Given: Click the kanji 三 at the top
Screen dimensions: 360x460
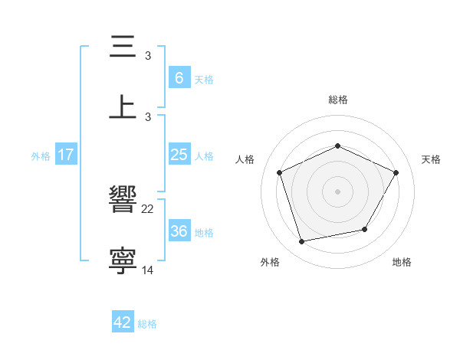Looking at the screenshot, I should pyautogui.click(x=123, y=47).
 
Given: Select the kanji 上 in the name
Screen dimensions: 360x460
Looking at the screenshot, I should pyautogui.click(x=123, y=107).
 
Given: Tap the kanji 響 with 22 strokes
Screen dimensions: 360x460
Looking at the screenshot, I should pyautogui.click(x=123, y=200).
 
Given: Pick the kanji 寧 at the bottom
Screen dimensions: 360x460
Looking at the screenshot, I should pyautogui.click(x=123, y=260).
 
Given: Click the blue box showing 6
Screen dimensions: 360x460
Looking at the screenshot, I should pyautogui.click(x=179, y=77).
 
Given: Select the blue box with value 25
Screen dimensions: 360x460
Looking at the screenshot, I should pyautogui.click(x=179, y=155).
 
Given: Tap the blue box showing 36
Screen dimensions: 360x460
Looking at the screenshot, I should pyautogui.click(x=179, y=231).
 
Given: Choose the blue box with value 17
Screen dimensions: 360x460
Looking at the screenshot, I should pyautogui.click(x=66, y=155).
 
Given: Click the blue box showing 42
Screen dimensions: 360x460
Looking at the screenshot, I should pyautogui.click(x=123, y=322).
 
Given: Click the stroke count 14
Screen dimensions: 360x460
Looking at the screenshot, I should pyautogui.click(x=148, y=270).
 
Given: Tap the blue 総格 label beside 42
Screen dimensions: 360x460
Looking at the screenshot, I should pyautogui.click(x=147, y=324).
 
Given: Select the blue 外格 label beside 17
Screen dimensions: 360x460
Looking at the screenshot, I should pyautogui.click(x=41, y=155).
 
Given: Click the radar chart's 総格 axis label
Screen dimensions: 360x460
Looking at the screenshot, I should pyautogui.click(x=337, y=100).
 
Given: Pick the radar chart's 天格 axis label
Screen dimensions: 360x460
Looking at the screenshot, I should pyautogui.click(x=431, y=159).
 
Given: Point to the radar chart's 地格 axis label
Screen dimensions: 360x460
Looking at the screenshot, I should pyautogui.click(x=402, y=262).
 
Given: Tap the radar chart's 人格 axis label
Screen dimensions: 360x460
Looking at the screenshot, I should pyautogui.click(x=245, y=159).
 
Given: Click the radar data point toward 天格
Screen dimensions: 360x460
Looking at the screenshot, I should pyautogui.click(x=396, y=172).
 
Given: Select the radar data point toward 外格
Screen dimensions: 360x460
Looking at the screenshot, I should pyautogui.click(x=302, y=242).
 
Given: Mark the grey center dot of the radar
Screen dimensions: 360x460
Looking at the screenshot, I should pyautogui.click(x=337, y=191).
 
